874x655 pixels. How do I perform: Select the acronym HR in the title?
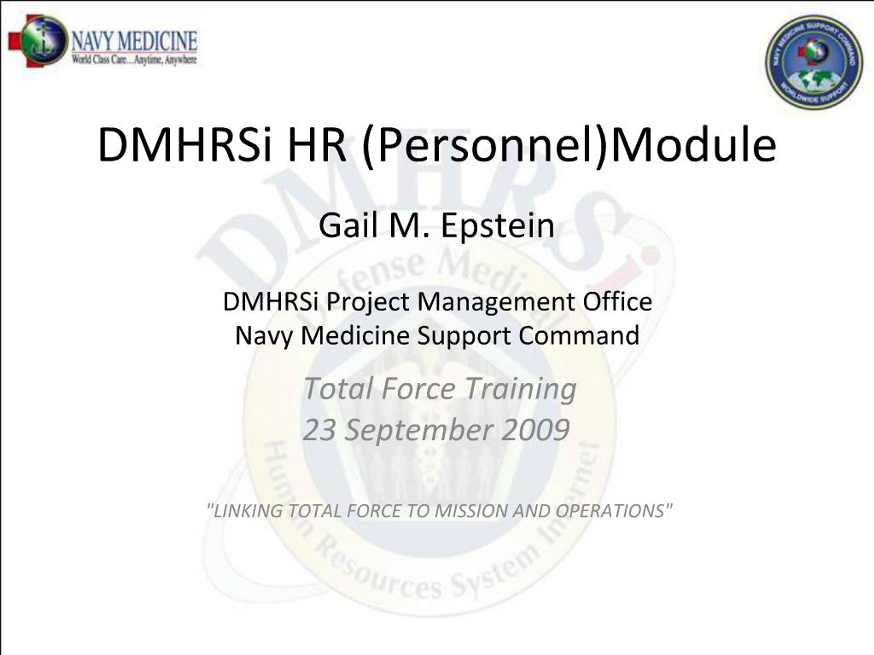316,145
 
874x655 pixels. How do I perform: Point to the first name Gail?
349,226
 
